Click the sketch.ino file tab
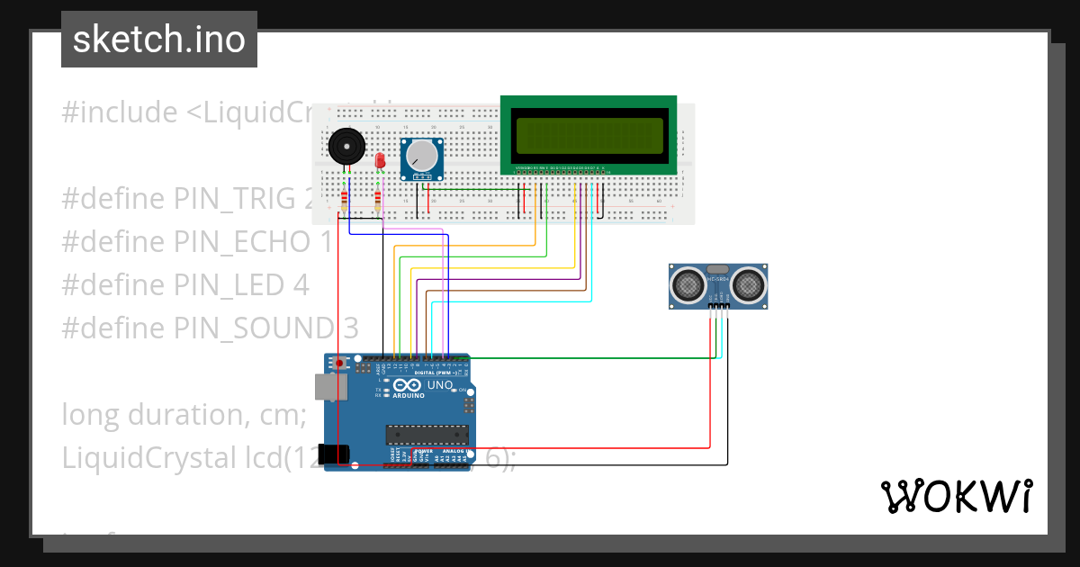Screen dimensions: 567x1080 [x=158, y=40]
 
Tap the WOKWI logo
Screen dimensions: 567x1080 [x=956, y=496]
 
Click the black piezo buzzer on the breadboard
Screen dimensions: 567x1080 [x=346, y=148]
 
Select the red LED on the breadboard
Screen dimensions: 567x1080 [x=380, y=160]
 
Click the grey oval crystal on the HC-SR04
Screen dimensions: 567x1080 [x=718, y=269]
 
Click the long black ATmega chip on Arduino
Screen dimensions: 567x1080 [x=428, y=434]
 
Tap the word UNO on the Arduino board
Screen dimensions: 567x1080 [x=439, y=385]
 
